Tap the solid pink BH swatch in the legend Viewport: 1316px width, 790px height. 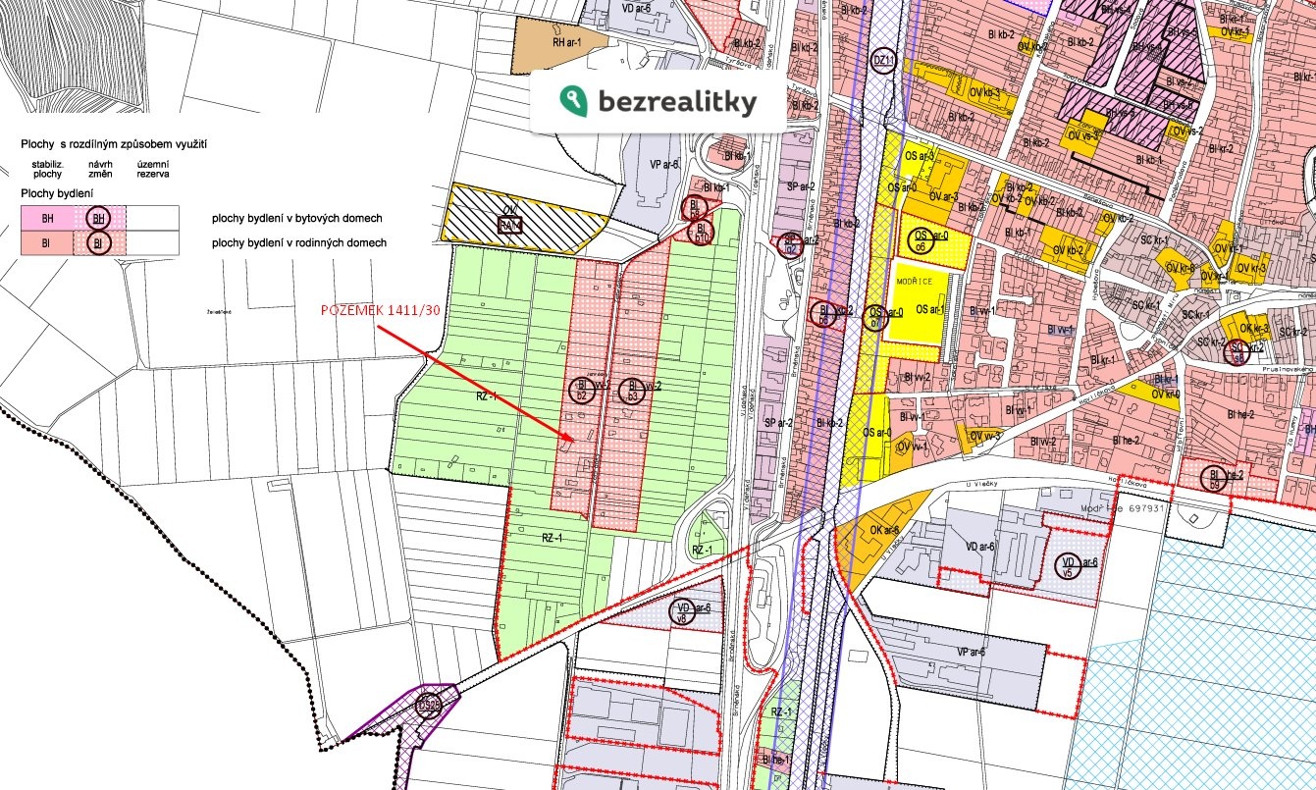tap(46, 218)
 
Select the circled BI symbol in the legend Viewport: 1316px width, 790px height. tap(98, 242)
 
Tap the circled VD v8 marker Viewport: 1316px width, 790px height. tap(681, 611)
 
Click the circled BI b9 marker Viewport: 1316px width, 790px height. tap(1215, 479)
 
